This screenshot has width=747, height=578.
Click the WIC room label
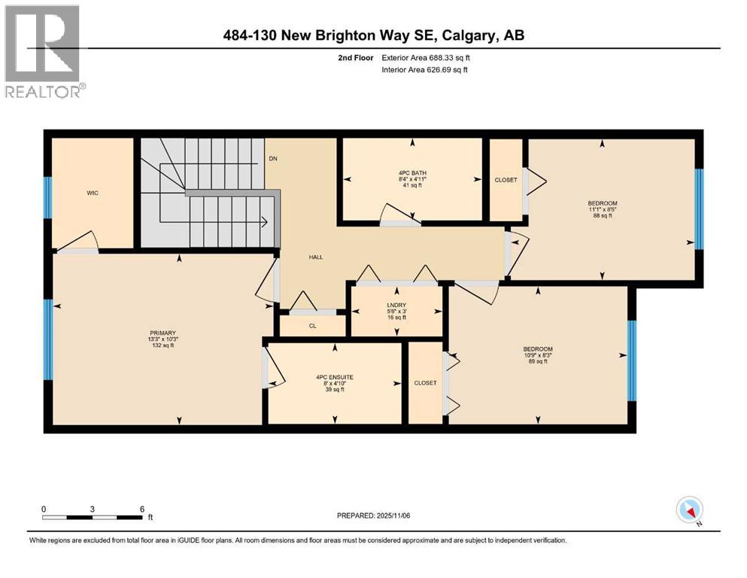(x=93, y=193)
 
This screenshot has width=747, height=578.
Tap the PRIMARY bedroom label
(x=162, y=333)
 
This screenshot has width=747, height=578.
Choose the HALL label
(x=316, y=257)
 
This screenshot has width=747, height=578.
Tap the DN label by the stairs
(x=273, y=160)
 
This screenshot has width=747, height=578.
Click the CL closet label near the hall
(x=313, y=327)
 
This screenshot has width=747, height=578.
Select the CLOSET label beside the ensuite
(x=425, y=383)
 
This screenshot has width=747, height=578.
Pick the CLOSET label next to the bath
(x=506, y=181)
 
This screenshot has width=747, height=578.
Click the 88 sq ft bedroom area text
(x=602, y=216)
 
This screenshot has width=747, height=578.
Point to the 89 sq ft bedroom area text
(x=538, y=362)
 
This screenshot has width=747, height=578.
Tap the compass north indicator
(x=690, y=511)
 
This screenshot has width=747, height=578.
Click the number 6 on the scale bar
(x=142, y=509)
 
